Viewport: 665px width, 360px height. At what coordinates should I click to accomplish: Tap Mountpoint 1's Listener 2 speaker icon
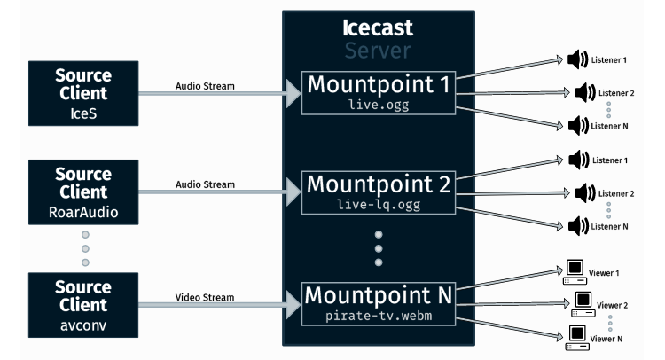[x=582, y=92]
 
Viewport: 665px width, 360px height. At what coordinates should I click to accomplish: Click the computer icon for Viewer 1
[x=574, y=270]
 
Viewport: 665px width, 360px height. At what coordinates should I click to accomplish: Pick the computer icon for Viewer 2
[x=584, y=302]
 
